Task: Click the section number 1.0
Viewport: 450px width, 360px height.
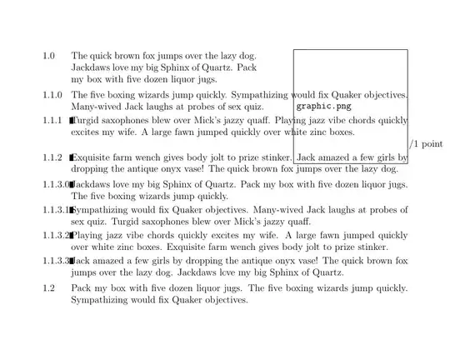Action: pyautogui.click(x=49, y=56)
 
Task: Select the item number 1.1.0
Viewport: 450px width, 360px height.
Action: pyautogui.click(x=52, y=95)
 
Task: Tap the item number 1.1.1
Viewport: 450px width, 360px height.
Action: pyautogui.click(x=52, y=120)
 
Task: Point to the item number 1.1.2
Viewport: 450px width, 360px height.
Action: pyautogui.click(x=52, y=157)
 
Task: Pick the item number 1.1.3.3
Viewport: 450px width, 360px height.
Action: pyautogui.click(x=56, y=261)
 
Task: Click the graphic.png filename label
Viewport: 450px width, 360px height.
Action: pyautogui.click(x=324, y=107)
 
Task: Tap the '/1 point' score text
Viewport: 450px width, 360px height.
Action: pyautogui.click(x=427, y=144)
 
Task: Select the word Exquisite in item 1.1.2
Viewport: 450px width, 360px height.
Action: pyautogui.click(x=93, y=157)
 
